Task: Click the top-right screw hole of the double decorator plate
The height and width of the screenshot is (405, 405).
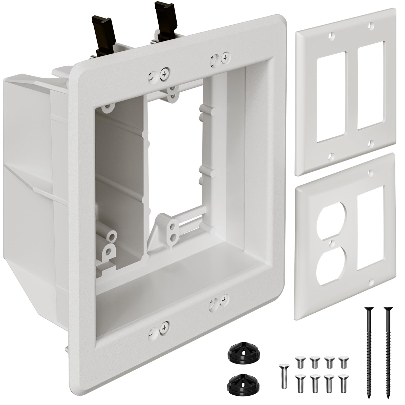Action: (x=371, y=26)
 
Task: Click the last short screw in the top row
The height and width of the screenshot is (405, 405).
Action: (x=343, y=362)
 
